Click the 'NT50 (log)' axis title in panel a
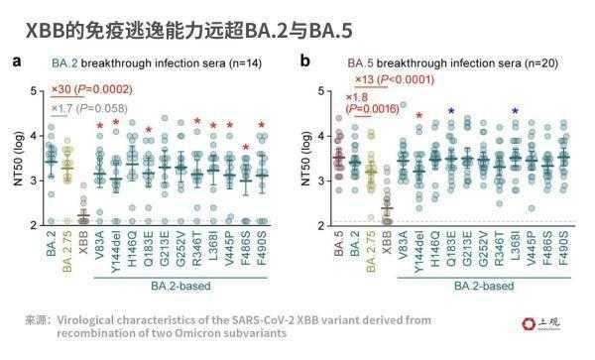(x=14, y=158)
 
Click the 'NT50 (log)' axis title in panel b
(x=304, y=158)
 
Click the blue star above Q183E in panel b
(x=451, y=111)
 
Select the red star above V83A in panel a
(x=99, y=125)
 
